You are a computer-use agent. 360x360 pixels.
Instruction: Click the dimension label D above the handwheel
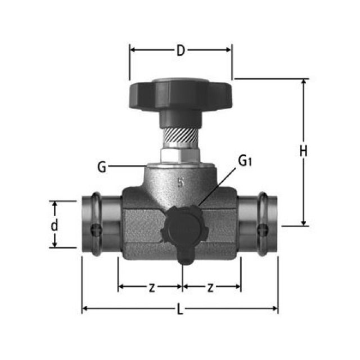click(x=181, y=51)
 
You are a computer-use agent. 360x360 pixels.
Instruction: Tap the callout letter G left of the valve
click(x=101, y=166)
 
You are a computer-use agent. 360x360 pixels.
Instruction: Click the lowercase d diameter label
click(x=55, y=226)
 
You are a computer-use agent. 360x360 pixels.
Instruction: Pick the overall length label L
click(x=181, y=310)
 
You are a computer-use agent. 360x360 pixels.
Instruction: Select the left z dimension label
click(x=151, y=287)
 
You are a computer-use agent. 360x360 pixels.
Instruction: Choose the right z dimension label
click(x=210, y=287)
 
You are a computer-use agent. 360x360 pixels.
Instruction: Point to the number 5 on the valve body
click(x=181, y=182)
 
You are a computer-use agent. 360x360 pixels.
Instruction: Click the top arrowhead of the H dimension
click(x=304, y=82)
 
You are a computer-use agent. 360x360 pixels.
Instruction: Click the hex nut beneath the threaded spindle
click(x=180, y=155)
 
